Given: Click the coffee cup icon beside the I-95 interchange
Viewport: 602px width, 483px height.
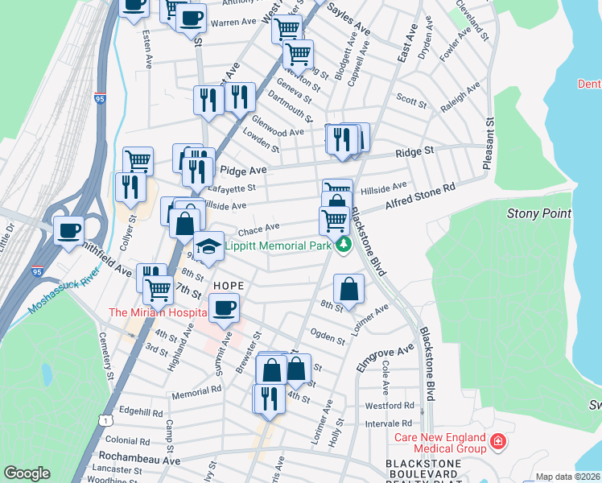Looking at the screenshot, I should point(69,230).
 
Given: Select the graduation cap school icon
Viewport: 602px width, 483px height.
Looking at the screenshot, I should point(209,246).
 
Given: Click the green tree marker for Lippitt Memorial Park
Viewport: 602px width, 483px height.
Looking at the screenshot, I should point(344,245).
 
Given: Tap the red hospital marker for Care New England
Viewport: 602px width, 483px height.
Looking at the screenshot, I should point(498,441).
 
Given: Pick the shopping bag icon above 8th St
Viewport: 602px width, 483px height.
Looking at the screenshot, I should point(348,288).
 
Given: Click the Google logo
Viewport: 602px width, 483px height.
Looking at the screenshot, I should point(27,473).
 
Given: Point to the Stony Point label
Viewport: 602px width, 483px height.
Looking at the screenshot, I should point(538,213).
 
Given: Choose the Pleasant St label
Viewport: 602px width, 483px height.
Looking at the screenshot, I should point(488,145).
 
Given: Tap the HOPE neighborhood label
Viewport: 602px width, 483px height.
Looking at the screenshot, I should point(229,286).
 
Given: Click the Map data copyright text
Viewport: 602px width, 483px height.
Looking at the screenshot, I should point(567,477).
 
